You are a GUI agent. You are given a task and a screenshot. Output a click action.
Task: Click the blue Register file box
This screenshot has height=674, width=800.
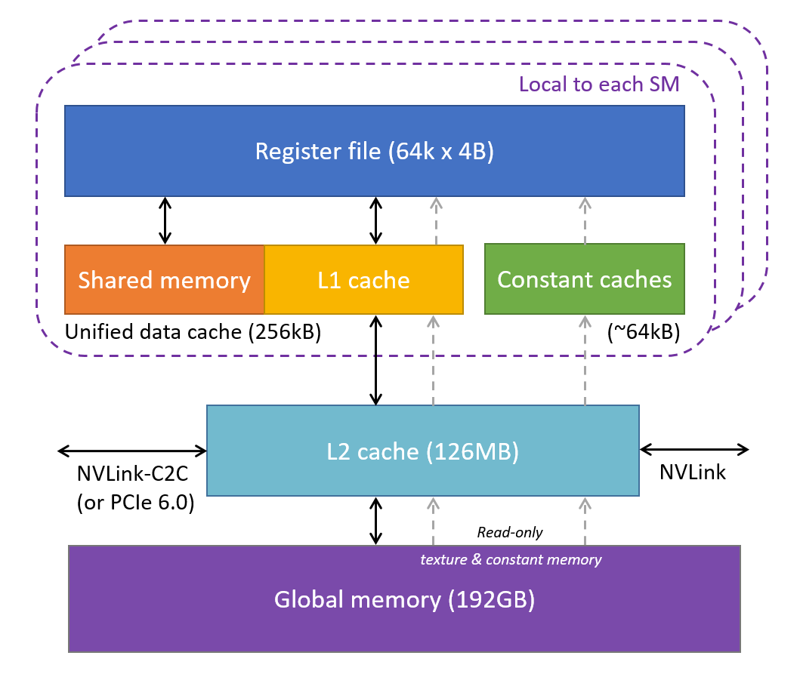(374, 151)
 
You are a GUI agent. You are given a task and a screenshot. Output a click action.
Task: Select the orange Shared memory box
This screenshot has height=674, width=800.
(164, 280)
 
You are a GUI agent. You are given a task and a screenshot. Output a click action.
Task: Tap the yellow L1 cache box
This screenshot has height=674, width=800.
(363, 280)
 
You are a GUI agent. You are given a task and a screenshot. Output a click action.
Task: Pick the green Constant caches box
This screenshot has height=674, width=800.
(584, 279)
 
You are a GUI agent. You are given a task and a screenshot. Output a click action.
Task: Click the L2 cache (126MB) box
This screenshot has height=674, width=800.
(422, 451)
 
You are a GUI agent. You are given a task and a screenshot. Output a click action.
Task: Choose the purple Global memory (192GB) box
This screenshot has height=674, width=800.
(404, 600)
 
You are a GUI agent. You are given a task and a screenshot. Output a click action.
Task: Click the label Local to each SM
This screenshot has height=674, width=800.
(599, 84)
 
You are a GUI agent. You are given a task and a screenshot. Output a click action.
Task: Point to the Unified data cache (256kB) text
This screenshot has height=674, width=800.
(193, 333)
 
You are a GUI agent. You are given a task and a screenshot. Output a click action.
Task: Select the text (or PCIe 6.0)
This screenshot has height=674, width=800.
(135, 503)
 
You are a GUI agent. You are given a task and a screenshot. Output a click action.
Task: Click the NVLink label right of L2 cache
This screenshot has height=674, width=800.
(692, 473)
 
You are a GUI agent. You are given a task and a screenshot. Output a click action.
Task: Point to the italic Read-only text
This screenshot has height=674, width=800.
(509, 532)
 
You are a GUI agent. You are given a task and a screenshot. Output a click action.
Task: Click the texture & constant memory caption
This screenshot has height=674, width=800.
(511, 559)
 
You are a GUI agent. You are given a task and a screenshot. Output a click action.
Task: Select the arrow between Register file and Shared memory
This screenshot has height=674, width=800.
(165, 220)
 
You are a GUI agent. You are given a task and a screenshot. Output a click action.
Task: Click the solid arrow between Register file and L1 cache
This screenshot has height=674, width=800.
(375, 220)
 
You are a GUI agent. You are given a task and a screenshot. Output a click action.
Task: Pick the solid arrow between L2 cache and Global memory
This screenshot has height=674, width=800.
(375, 521)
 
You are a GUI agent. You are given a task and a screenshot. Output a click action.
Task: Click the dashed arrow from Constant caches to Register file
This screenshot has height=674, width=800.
(584, 220)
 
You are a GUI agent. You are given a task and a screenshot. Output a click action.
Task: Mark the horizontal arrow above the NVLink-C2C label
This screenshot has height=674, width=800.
(132, 451)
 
